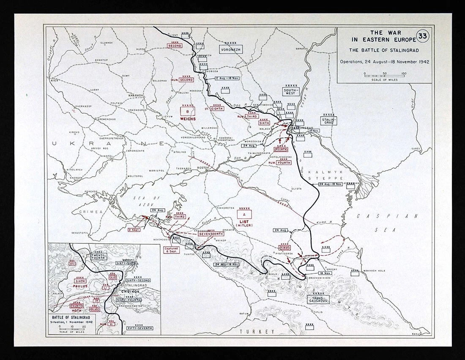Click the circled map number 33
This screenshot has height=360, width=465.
422,36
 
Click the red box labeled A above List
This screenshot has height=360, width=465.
244,215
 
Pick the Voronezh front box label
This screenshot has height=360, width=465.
230,49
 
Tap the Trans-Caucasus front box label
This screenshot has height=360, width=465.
319,299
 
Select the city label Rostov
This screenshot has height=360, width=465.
204,168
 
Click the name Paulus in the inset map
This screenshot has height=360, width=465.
80,286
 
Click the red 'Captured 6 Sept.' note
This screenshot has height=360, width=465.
172,250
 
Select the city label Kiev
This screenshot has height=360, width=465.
54,80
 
